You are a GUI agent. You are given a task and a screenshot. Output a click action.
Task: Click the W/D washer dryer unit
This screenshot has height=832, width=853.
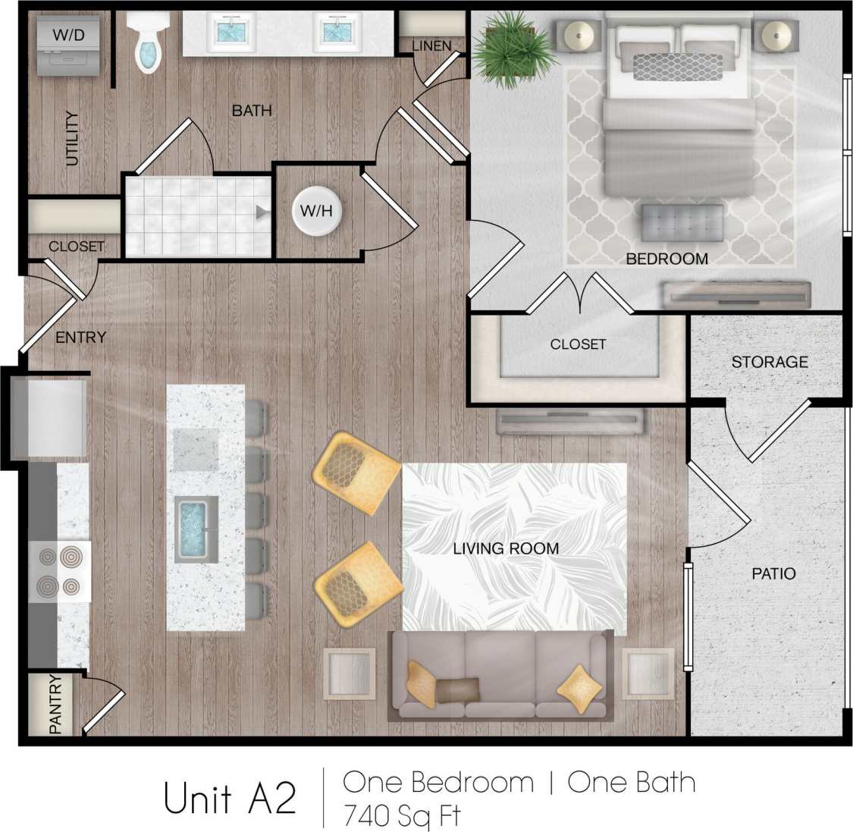[68, 45]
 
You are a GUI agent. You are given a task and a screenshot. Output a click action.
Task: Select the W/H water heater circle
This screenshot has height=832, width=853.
[316, 210]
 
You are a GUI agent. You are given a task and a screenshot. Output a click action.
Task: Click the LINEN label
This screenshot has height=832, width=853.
[431, 46]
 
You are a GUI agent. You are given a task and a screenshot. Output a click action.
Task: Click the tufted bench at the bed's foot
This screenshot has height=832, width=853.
[682, 222]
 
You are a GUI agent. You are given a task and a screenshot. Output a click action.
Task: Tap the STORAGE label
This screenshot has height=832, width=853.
[769, 362]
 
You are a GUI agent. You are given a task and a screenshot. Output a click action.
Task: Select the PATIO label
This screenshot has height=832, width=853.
[773, 573]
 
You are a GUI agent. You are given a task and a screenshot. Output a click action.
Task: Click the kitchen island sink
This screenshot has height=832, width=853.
[196, 529]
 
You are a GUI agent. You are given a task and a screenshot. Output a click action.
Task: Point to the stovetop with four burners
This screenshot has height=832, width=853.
[60, 571]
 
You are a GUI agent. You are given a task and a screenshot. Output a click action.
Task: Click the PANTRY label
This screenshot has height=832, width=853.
[55, 704]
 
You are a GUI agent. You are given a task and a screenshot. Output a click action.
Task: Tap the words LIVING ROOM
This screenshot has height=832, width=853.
[506, 548]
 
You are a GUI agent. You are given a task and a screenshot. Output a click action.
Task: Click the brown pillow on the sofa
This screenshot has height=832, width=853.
[457, 689]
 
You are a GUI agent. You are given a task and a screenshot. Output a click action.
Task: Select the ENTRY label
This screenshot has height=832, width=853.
[80, 338]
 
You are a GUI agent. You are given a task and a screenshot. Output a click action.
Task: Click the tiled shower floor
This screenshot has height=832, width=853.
[197, 216]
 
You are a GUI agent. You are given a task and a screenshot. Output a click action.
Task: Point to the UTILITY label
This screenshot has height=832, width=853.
[72, 138]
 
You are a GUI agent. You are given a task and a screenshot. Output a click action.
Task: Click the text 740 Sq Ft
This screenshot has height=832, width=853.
[402, 816]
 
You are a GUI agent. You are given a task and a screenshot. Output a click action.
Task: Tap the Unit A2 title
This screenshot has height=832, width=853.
[230, 799]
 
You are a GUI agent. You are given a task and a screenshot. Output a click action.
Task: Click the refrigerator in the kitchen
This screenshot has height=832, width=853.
[49, 418]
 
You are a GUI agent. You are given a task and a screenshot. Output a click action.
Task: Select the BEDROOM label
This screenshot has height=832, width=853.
[666, 259]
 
